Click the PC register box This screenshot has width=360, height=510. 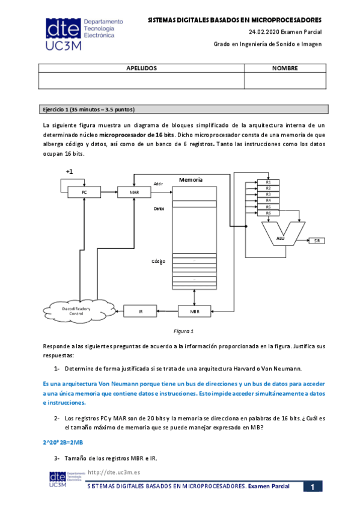[84, 192]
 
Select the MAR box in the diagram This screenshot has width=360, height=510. [134, 192]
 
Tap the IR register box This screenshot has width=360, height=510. [141, 312]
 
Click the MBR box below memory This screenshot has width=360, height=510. [194, 312]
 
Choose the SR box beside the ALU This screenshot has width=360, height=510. [317, 241]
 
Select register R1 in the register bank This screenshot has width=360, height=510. [268, 182]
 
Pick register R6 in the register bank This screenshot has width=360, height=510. [268, 213]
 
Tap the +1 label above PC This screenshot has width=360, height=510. [69, 171]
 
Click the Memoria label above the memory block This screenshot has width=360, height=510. [191, 180]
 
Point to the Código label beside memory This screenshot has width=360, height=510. [159, 262]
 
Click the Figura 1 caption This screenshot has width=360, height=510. [183, 331]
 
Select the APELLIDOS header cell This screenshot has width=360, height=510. [141, 68]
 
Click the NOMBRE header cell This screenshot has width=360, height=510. [285, 68]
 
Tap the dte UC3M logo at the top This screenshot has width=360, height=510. [84, 34]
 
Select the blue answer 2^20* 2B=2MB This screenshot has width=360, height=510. [63, 443]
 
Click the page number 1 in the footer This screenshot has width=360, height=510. [313, 487]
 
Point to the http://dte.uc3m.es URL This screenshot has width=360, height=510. [114, 472]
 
